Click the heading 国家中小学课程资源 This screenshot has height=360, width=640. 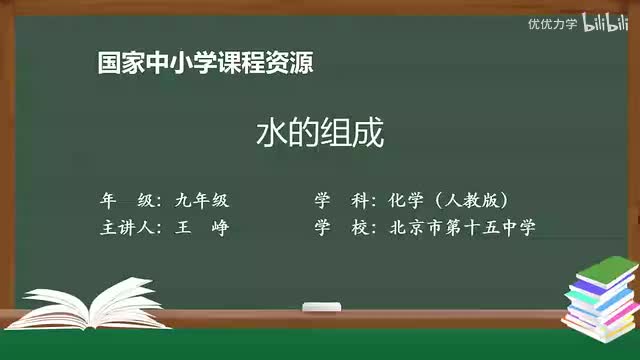[206, 62]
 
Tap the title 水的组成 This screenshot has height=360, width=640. [321, 134]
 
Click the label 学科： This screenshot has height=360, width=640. [345, 199]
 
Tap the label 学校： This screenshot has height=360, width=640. [345, 227]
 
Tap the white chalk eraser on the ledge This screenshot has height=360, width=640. [321, 304]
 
